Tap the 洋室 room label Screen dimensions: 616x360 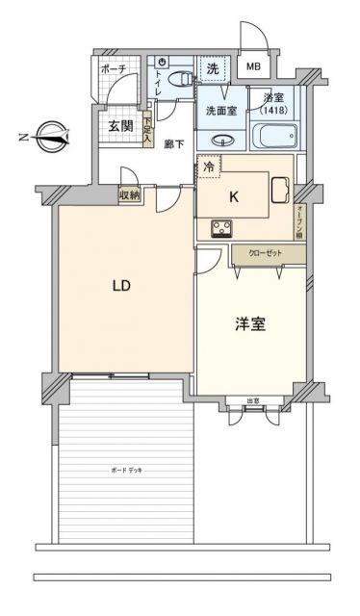[x=250, y=324]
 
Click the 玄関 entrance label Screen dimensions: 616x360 [x=120, y=126]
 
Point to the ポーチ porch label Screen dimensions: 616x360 [x=116, y=69]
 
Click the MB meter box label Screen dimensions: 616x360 [x=253, y=67]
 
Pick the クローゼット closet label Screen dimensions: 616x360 [x=267, y=253]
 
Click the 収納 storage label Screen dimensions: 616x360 [x=130, y=194]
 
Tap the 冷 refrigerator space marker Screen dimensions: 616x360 [x=209, y=167]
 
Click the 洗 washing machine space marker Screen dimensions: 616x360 [x=213, y=69]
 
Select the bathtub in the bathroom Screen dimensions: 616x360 [x=274, y=136]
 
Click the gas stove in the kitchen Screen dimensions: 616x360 [x=221, y=229]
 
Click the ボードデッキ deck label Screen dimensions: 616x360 [x=119, y=469]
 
